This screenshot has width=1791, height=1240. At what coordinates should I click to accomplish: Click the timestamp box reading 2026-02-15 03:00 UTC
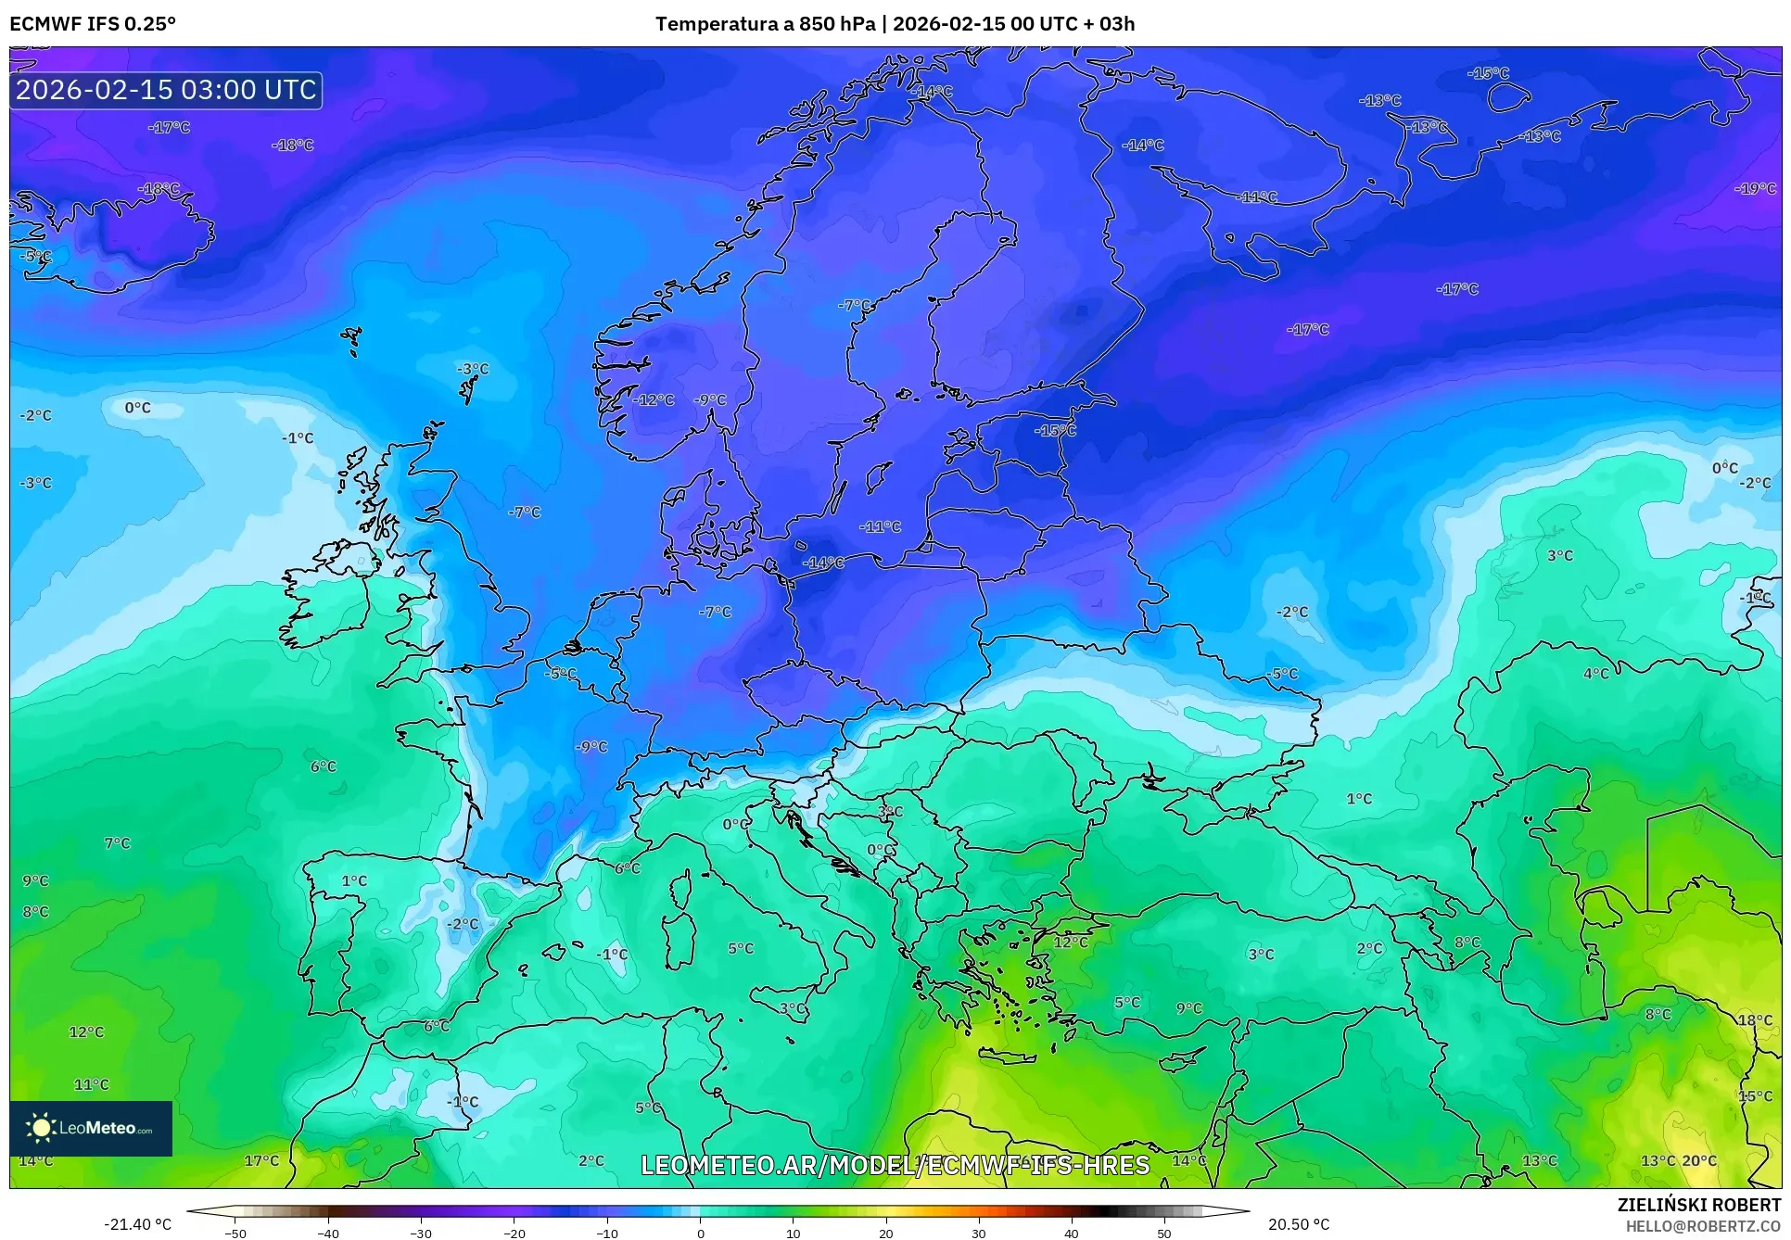coord(166,90)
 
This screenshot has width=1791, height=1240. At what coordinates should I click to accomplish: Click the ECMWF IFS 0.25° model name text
coord(93,24)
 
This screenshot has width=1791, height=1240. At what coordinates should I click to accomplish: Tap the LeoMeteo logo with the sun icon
coord(91,1128)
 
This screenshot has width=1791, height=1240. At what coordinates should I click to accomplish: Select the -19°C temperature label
coord(1755,188)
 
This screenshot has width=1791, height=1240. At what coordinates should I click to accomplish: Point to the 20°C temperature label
coord(1699,1160)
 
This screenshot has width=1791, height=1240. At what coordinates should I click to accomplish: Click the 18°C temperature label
coord(1755,1019)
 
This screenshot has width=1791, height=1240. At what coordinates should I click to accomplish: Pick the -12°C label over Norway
coord(654,399)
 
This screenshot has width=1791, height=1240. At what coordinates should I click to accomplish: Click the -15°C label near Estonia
coord(1056,430)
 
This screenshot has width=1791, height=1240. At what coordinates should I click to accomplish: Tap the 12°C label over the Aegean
coord(1071,942)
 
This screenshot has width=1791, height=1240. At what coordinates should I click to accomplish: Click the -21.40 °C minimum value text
coord(137,1224)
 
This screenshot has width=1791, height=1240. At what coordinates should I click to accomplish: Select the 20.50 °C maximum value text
coord(1299,1224)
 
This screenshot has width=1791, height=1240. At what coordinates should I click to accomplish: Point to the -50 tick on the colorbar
coord(235,1233)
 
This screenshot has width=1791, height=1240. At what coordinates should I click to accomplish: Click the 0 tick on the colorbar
coord(700,1233)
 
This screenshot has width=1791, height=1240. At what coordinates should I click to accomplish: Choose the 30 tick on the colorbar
coord(979,1233)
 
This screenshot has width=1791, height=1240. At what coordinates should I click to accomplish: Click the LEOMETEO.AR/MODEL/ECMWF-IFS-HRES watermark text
coord(895,1165)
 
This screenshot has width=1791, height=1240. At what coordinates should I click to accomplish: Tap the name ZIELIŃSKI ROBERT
coord(1698,1205)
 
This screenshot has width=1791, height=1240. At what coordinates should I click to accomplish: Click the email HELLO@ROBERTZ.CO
coord(1703,1226)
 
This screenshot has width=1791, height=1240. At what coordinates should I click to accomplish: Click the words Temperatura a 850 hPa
coord(765,24)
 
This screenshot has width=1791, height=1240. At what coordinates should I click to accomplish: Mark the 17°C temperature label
coord(261,1160)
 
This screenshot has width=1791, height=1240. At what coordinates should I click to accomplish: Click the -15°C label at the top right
coord(1489,72)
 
